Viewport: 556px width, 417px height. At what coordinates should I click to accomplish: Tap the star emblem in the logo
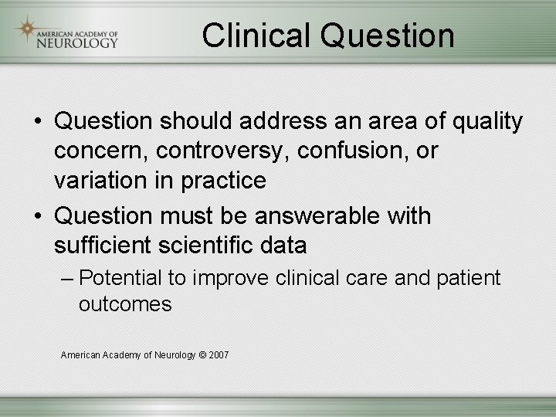[26, 29]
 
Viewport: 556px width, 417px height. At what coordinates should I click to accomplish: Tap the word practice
[223, 181]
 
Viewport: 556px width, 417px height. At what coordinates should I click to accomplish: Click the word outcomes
[125, 304]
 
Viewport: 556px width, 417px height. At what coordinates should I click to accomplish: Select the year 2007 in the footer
[219, 354]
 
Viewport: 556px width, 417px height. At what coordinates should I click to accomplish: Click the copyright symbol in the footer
[202, 354]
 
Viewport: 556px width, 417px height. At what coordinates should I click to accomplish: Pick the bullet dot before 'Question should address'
[36, 122]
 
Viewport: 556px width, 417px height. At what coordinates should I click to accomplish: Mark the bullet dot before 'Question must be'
[36, 215]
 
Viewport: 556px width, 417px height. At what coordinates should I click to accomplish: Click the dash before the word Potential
[67, 278]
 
